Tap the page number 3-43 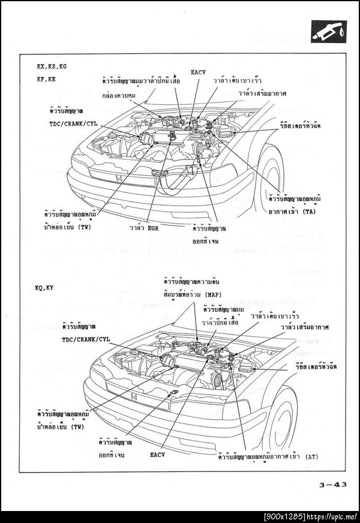[x=329, y=488]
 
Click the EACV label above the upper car [x=199, y=72]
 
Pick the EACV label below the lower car [x=158, y=455]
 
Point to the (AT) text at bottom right [x=312, y=456]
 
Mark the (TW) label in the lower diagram [x=76, y=426]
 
